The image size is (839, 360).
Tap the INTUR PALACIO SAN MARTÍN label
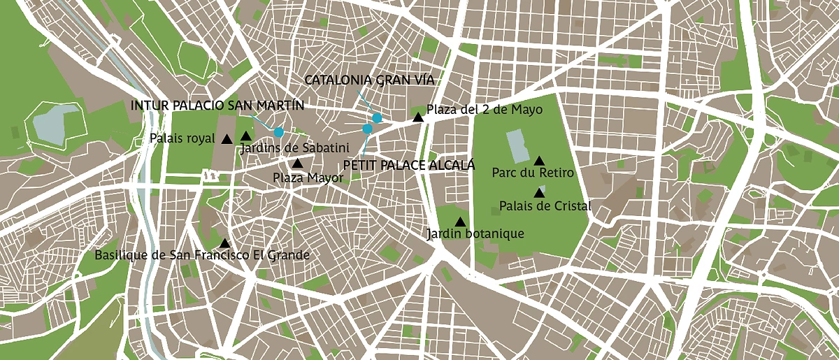click(x=218, y=106)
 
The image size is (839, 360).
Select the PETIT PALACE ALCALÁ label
click(x=409, y=166)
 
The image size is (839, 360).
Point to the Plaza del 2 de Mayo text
click(x=485, y=110)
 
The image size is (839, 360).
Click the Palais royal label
click(x=182, y=138)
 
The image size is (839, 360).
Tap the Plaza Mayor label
click(x=308, y=178)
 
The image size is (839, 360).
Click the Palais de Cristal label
click(x=545, y=206)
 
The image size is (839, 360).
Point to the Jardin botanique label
click(x=475, y=233)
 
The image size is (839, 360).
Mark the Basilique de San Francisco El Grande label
click(x=202, y=255)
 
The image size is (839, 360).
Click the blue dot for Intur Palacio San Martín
click(x=279, y=132)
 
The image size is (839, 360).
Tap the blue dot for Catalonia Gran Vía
click(x=377, y=117)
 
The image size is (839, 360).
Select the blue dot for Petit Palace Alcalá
click(x=367, y=129)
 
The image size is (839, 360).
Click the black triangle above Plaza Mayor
click(x=297, y=164)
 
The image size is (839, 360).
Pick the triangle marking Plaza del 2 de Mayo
click(x=418, y=117)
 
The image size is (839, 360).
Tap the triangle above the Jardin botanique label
click(x=460, y=222)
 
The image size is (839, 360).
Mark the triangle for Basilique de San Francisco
click(x=224, y=243)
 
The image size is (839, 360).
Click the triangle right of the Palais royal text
click(x=227, y=139)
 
